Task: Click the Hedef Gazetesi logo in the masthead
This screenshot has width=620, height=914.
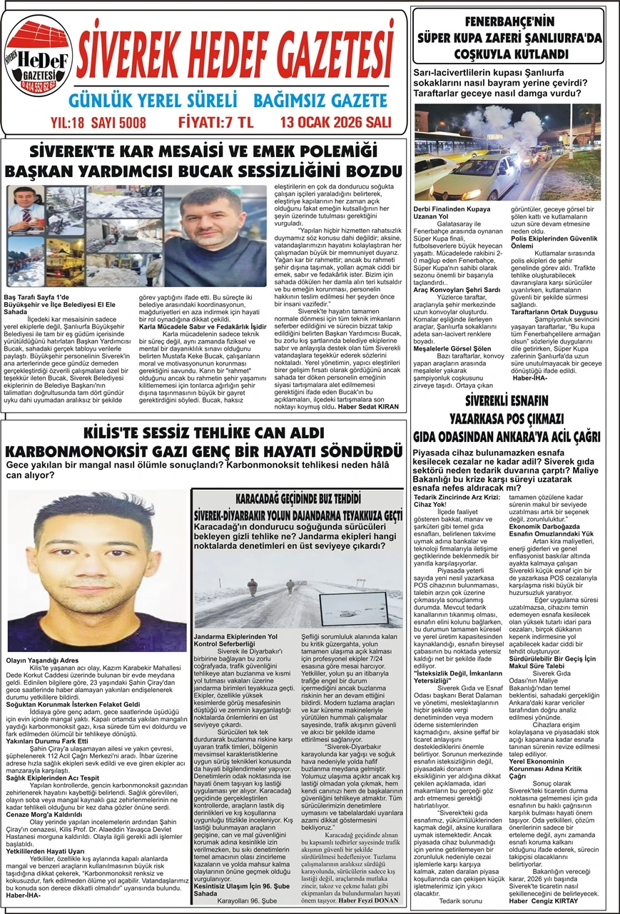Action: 39,58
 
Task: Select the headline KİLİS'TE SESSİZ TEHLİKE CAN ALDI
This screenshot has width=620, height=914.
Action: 203,433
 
